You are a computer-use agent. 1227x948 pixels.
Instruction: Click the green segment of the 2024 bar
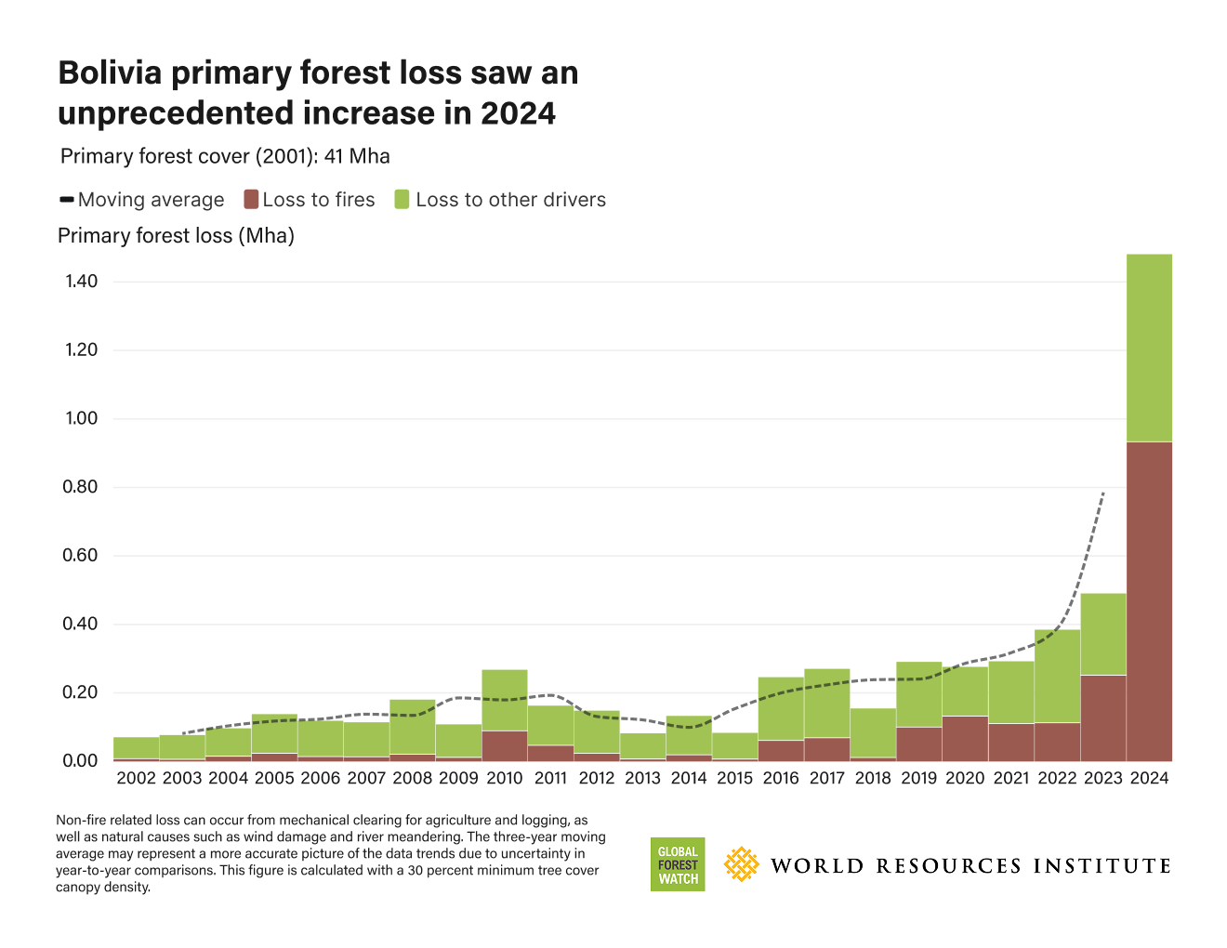[x=1149, y=348]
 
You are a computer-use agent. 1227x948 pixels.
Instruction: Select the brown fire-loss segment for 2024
[x=1149, y=600]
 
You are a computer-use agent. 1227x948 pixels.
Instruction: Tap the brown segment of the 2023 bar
[x=1103, y=718]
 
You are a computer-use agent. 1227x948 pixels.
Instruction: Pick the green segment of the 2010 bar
[x=505, y=700]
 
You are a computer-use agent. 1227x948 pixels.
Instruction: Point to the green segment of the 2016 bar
[x=781, y=708]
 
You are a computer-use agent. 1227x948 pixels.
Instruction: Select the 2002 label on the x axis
[x=137, y=779]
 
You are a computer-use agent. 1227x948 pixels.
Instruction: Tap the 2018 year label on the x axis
[x=873, y=779]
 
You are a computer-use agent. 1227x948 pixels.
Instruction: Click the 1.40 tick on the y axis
[x=81, y=282]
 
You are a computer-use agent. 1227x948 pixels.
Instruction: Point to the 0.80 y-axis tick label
[x=81, y=487]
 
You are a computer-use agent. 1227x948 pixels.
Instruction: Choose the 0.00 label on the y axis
[x=81, y=761]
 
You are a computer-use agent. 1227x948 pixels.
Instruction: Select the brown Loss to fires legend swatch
[x=250, y=200]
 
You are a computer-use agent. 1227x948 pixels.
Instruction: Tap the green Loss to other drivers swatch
[x=402, y=200]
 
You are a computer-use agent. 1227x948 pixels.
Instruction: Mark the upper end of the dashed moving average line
[x=1103, y=493]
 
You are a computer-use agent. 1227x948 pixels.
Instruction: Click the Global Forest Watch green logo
[x=678, y=864]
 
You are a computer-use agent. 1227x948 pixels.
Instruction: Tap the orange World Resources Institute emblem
[x=741, y=864]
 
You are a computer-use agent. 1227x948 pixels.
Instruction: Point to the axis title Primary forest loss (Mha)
[x=176, y=236]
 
